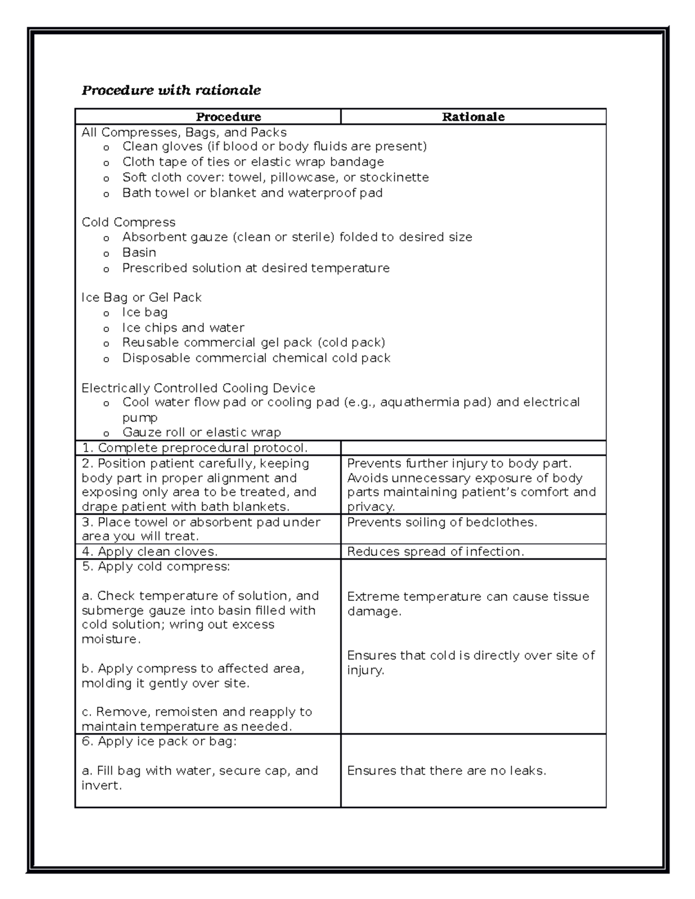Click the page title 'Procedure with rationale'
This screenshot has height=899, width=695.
pos(171,90)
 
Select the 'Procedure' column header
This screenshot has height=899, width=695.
pos(228,117)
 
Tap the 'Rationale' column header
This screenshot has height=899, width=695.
pos(473,117)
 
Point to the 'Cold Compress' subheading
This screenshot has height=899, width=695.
pos(129,222)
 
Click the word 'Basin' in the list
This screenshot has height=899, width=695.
pos(139,252)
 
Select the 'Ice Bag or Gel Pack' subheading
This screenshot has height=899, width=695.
pos(141,298)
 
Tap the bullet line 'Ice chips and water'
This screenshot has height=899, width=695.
pos(183,328)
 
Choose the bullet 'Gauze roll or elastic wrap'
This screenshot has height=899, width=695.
pos(202,432)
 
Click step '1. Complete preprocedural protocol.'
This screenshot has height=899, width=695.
pos(195,448)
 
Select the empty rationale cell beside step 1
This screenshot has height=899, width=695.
pos(473,448)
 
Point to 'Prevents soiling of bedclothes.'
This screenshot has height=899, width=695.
pos(442,522)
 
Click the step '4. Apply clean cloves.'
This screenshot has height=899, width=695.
pos(150,552)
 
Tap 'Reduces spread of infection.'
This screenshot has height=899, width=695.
pos(436,552)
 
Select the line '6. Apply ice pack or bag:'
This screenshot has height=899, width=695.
pos(159,742)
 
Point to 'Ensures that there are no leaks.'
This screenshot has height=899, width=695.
pos(447,771)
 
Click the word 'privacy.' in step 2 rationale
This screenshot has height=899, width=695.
pos(371,507)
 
